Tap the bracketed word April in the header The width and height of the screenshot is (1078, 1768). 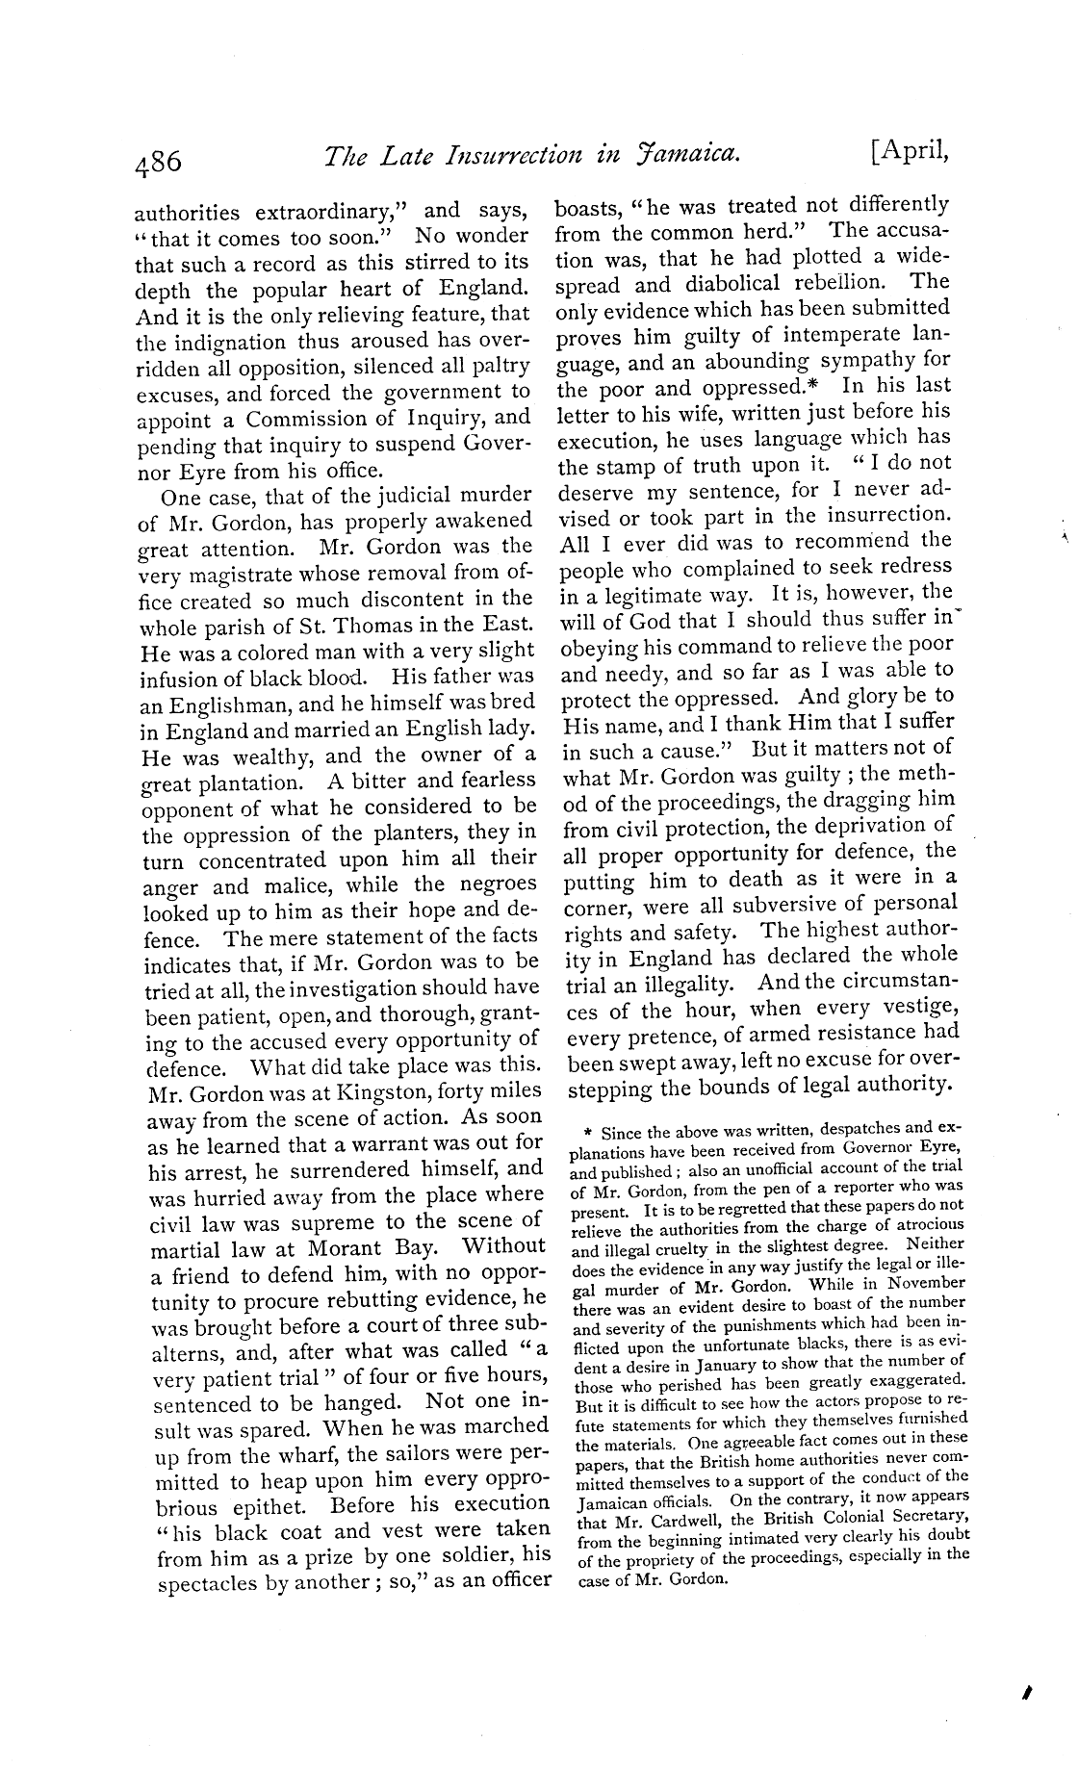point(910,154)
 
